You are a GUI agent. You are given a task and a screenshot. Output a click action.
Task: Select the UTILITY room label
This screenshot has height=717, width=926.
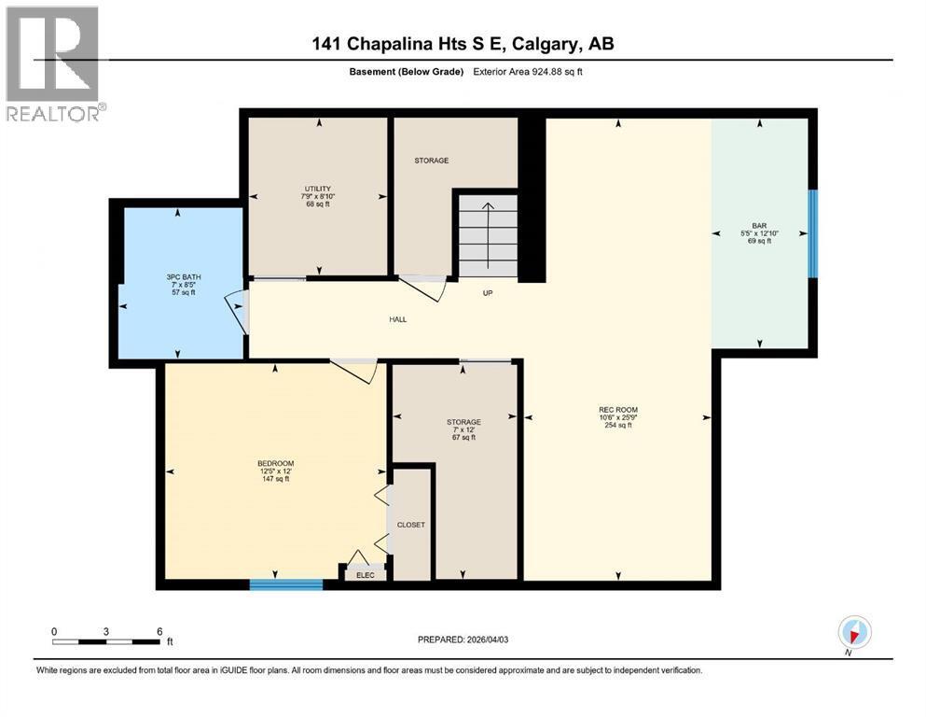(x=316, y=189)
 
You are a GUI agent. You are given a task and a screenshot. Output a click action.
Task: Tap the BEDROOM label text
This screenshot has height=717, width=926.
(x=275, y=464)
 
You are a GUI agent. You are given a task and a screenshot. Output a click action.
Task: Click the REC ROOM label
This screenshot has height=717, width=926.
(x=617, y=409)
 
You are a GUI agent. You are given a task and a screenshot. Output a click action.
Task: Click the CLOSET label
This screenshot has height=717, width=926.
(x=410, y=525)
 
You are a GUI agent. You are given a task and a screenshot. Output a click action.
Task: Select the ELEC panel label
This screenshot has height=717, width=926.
(x=366, y=575)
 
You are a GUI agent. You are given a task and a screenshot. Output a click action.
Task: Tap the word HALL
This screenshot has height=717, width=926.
(x=397, y=319)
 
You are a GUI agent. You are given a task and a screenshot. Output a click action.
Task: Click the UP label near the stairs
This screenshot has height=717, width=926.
(x=487, y=293)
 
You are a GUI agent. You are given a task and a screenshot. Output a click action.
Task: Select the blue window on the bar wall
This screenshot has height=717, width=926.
(x=812, y=233)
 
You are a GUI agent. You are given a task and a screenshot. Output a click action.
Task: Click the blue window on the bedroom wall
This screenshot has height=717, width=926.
(x=285, y=584)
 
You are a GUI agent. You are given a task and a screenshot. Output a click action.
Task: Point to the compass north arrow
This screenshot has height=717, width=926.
(x=854, y=632)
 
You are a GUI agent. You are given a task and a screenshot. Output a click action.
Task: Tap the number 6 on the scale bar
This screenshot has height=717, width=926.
(x=159, y=631)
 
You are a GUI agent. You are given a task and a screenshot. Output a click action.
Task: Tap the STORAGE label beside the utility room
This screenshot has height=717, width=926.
(x=431, y=161)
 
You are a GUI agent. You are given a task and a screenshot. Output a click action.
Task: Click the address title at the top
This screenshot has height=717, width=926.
(x=463, y=44)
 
